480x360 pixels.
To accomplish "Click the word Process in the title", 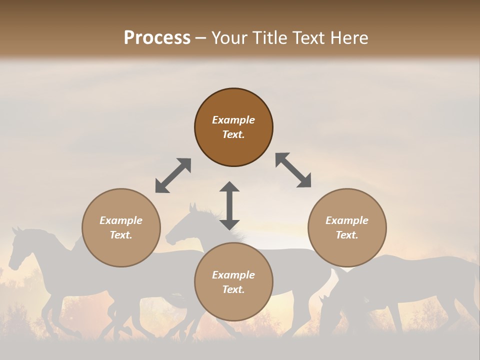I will coord(157,38).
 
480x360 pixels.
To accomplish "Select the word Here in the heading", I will coord(348,38).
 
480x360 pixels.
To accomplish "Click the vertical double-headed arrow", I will coord(229,205).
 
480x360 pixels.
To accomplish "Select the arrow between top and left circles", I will coord(173,175).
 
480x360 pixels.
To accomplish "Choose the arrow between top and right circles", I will coord(293,170).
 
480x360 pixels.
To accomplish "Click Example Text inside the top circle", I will coord(233,127).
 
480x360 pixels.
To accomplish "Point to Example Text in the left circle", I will coord(121,227).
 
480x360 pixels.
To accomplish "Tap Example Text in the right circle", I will coord(347,227).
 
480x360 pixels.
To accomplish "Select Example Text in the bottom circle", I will coord(233,282).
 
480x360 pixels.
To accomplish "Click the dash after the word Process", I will coord(201,38).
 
